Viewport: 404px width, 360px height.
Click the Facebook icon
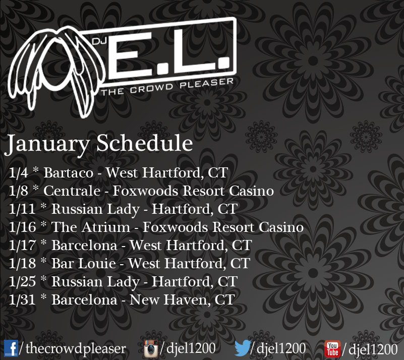click(11, 348)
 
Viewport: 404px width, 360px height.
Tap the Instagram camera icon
click(151, 349)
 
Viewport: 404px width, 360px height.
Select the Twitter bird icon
click(243, 347)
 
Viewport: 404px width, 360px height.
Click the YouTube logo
click(332, 349)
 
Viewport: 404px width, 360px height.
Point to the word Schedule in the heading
click(145, 143)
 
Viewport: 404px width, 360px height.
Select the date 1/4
click(18, 172)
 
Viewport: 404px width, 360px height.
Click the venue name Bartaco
click(68, 172)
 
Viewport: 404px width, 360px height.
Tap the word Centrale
click(72, 191)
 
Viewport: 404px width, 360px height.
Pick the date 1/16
click(22, 227)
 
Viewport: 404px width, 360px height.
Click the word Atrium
click(106, 227)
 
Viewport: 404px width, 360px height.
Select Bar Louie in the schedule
click(84, 263)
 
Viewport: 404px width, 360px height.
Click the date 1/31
click(22, 299)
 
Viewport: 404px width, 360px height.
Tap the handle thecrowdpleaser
click(76, 349)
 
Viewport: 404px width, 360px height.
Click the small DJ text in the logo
click(99, 41)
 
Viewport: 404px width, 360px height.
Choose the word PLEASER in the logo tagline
click(207, 83)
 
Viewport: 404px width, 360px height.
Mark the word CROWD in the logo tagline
click(151, 88)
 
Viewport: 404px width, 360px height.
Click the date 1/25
click(22, 281)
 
